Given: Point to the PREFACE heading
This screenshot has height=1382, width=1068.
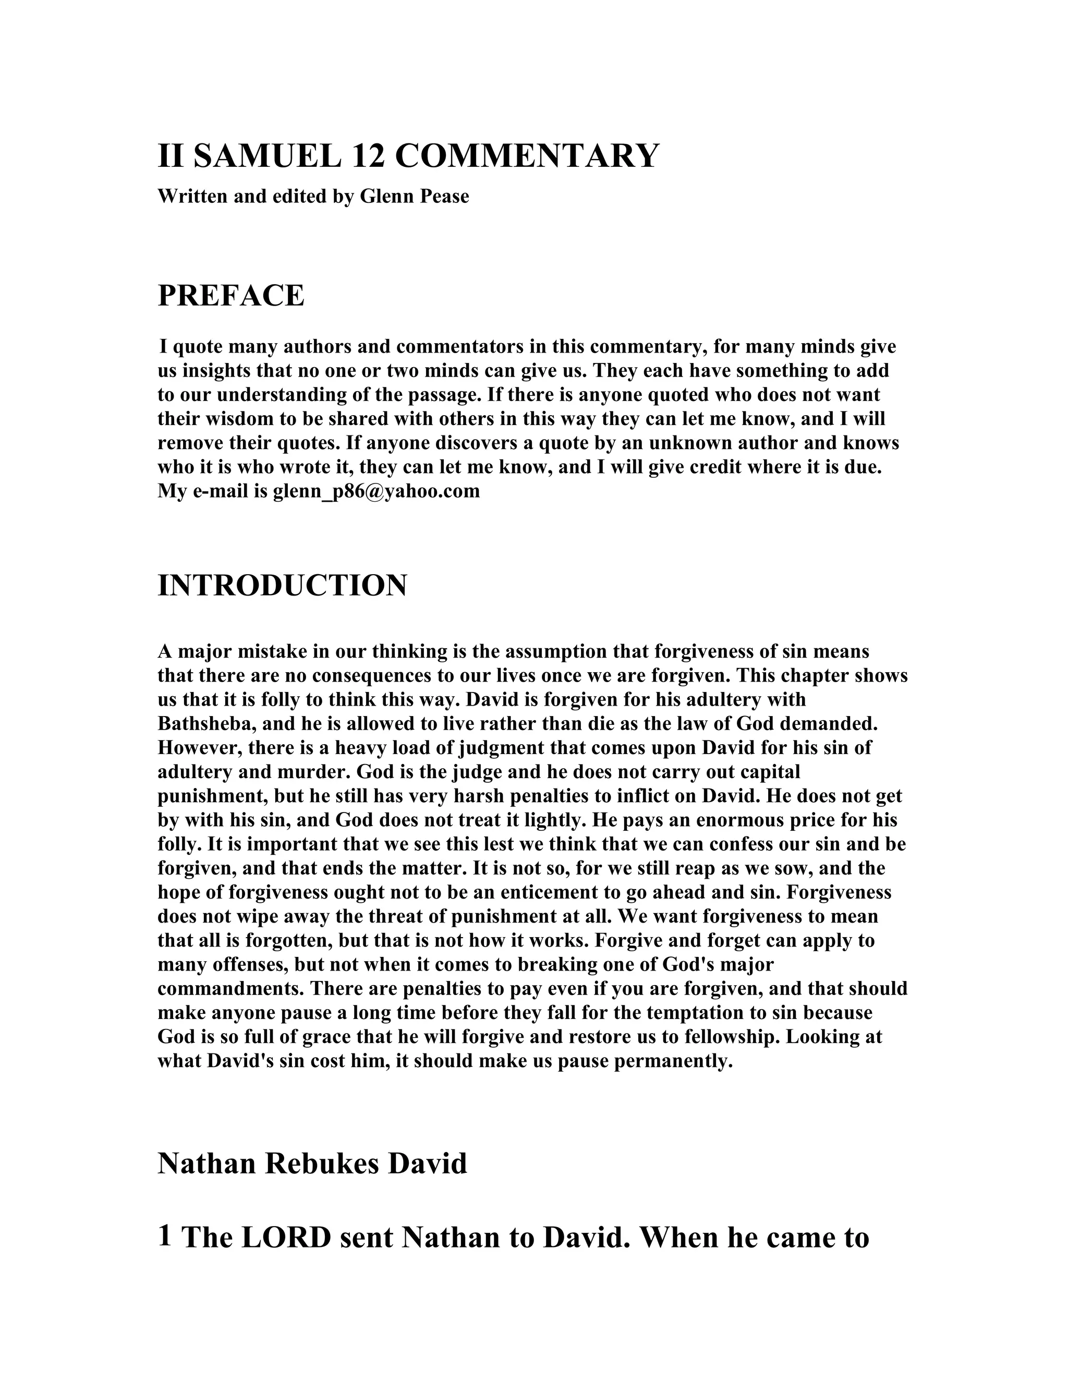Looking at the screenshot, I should pos(231,296).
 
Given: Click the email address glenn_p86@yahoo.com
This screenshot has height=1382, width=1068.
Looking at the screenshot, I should pos(377,491).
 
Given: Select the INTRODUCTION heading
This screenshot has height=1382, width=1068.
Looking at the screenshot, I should pos(282,585).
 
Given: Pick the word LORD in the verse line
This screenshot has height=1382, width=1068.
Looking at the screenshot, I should pos(286,1238).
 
